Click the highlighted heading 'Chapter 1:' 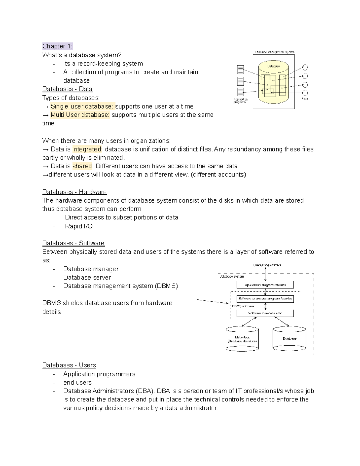coord(57,46)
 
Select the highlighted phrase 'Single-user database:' coord(82,107)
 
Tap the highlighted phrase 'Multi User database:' coord(80,115)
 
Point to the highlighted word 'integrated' coord(87,149)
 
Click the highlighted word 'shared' coord(82,166)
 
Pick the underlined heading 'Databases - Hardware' coord(74,192)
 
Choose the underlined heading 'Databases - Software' coord(73,243)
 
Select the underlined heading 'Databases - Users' coord(69,365)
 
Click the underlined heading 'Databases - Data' coord(67,89)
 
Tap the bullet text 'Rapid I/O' coord(79,226)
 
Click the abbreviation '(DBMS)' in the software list coord(166,286)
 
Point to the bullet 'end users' coord(77,383)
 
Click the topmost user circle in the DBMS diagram coord(305,68)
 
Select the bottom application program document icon coord(240,92)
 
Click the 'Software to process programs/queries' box coord(265,299)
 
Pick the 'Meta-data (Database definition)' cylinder coord(242,339)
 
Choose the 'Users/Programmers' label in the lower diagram coord(267,265)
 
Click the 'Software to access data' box coord(265,313)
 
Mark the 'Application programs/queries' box coord(265,285)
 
